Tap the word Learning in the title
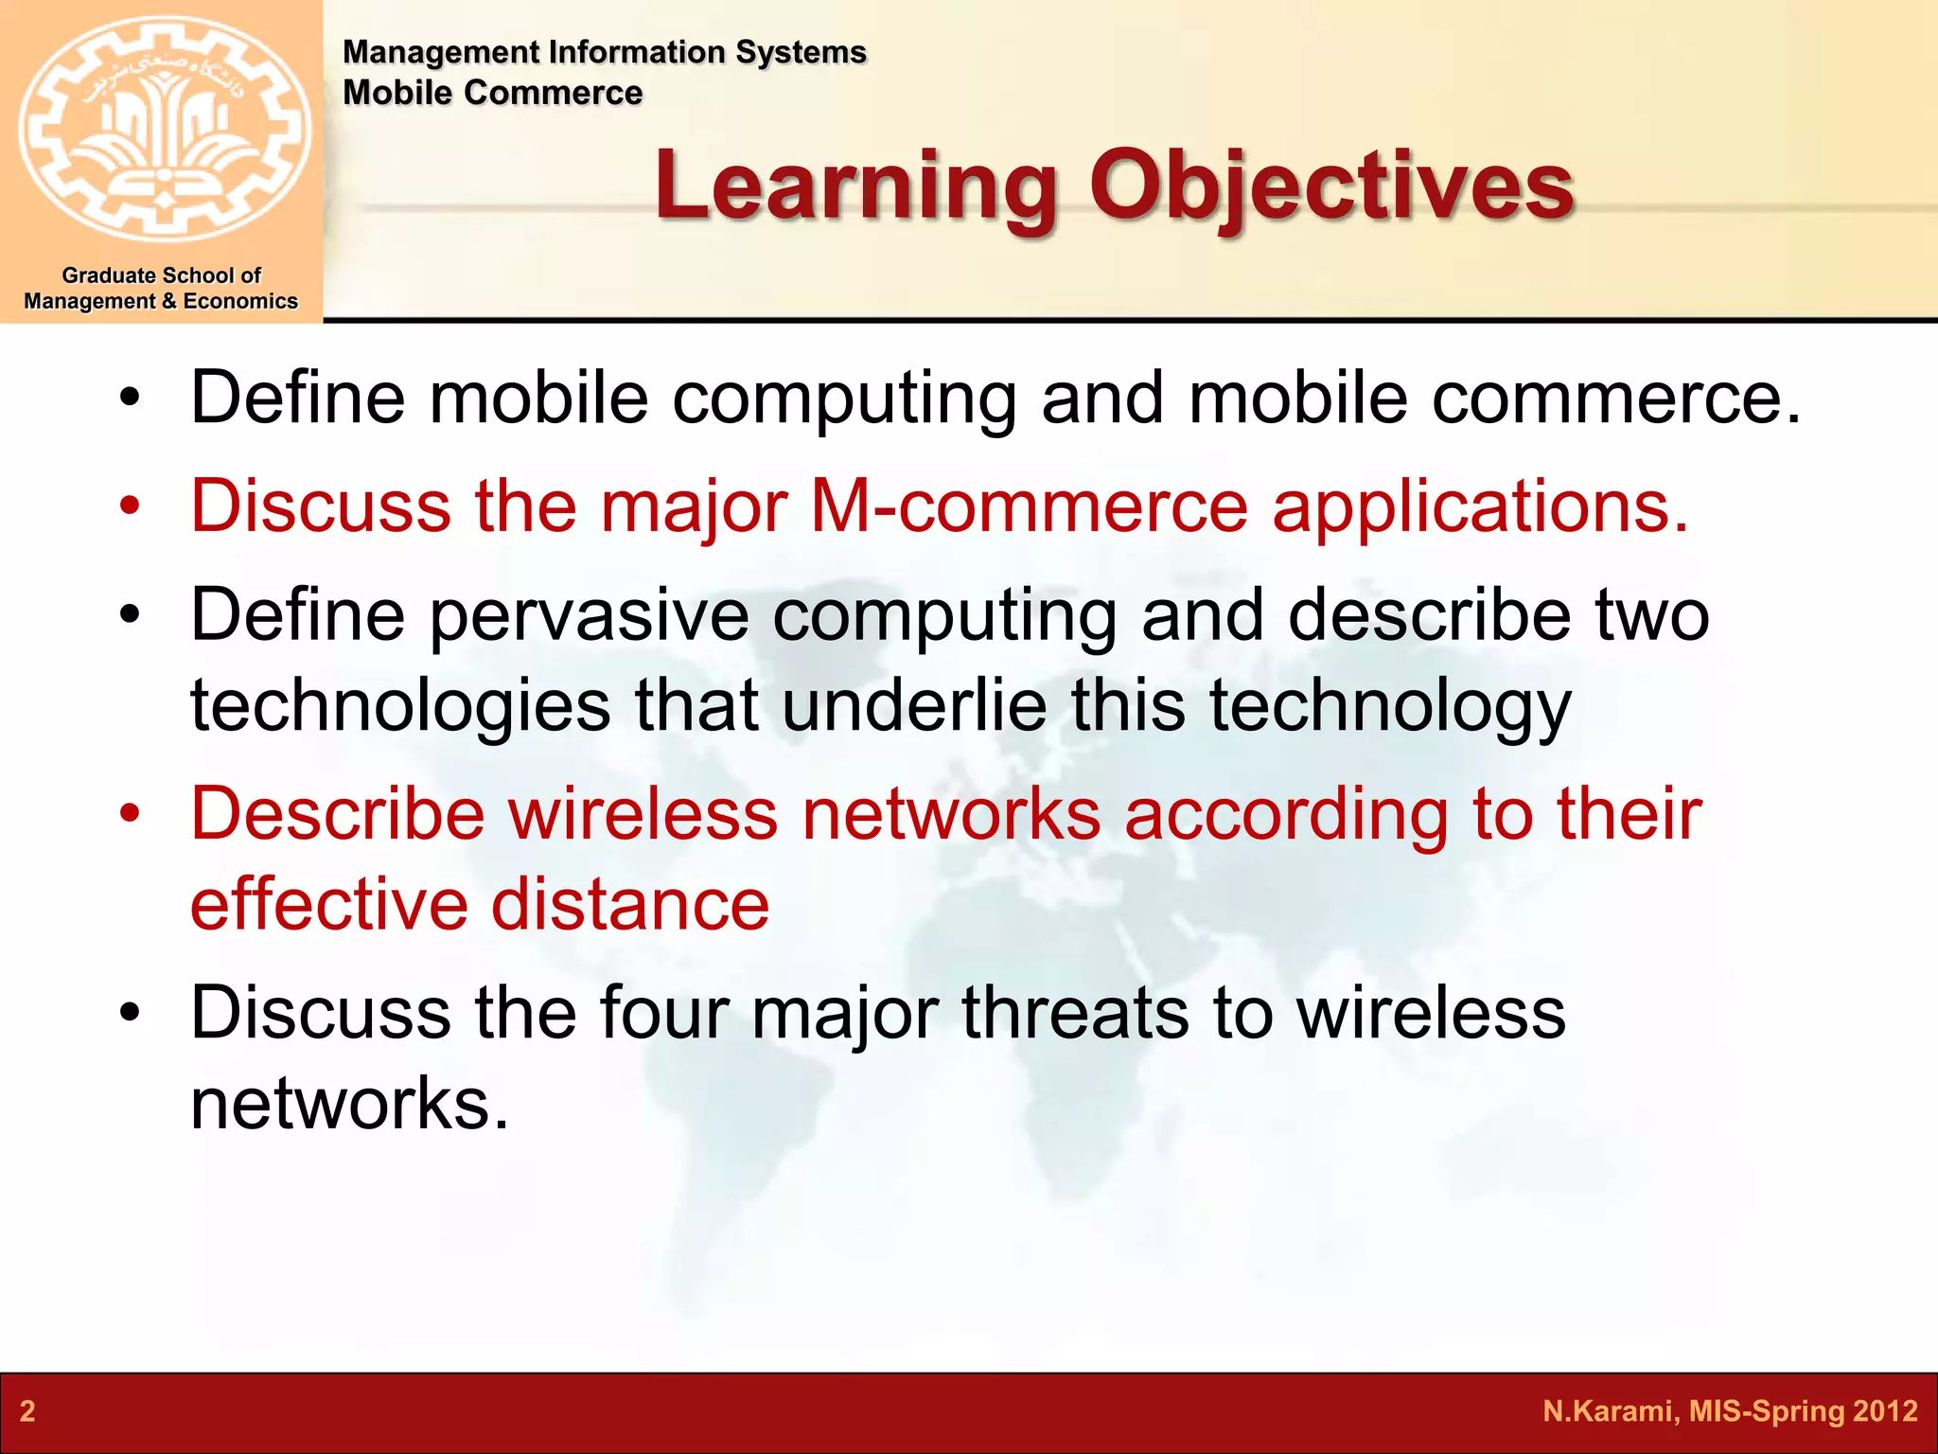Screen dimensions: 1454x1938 pyautogui.click(x=855, y=187)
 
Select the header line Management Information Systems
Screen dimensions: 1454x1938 pyautogui.click(x=604, y=52)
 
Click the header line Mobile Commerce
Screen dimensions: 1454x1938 pyautogui.click(x=492, y=93)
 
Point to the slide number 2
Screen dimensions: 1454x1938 pyautogui.click(x=27, y=1411)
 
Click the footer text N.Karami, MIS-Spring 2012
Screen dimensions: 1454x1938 pyautogui.click(x=1730, y=1411)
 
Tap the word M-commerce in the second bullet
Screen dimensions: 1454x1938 pyautogui.click(x=1030, y=505)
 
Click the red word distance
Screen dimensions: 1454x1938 pyautogui.click(x=630, y=904)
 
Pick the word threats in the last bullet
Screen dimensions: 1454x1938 pyautogui.click(x=1075, y=1013)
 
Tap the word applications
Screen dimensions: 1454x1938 pyautogui.click(x=1480, y=507)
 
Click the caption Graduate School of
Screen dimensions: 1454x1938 pyautogui.click(x=161, y=275)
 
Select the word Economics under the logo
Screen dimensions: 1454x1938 pyautogui.click(x=240, y=301)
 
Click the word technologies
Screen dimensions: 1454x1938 pyautogui.click(x=400, y=706)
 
